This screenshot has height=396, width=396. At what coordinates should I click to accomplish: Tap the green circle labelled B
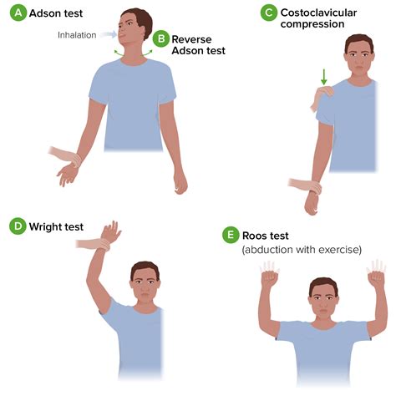pos(160,38)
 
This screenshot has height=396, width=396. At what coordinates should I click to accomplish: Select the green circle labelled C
pos(268,13)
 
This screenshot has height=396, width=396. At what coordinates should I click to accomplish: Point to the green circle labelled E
pos(231,236)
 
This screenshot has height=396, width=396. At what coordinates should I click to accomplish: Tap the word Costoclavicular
pos(322,12)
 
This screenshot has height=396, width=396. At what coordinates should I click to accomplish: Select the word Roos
pos(256,236)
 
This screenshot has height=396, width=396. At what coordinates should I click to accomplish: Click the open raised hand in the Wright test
pos(110,230)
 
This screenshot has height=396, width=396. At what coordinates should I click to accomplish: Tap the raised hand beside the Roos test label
pos(269,273)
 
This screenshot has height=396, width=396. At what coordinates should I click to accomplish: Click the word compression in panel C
pos(313,24)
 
